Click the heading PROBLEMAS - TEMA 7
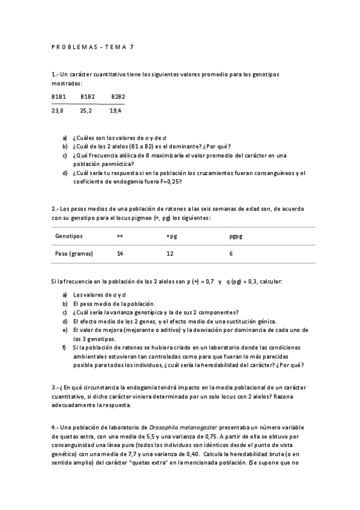click(x=93, y=46)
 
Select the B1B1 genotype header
click(x=58, y=96)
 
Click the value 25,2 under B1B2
click(x=87, y=111)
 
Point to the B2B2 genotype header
click(x=118, y=96)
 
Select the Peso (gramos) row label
click(x=74, y=254)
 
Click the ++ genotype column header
click(x=120, y=236)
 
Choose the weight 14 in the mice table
click(x=120, y=254)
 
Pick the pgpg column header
click(x=236, y=236)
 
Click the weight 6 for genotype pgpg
click(x=231, y=254)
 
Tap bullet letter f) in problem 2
click(x=64, y=347)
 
